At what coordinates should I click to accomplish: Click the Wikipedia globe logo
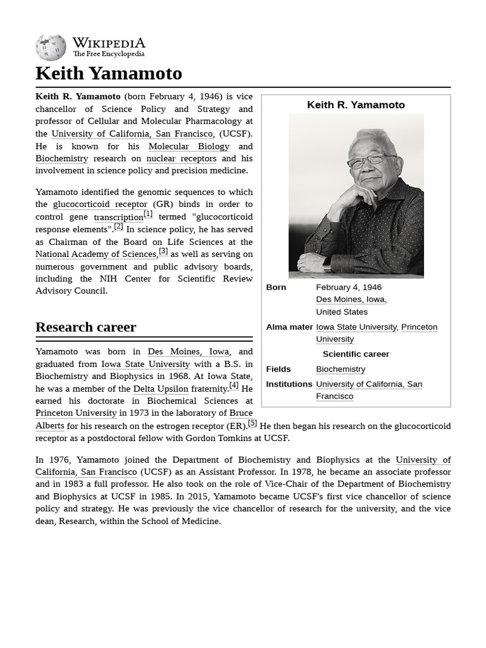[x=51, y=48]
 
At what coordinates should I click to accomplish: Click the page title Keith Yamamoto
[x=108, y=73]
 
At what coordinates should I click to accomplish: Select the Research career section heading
[x=85, y=327]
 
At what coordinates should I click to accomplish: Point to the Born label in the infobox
[x=276, y=287]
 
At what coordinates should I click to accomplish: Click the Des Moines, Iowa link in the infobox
[x=350, y=299]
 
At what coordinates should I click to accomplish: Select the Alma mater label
[x=289, y=327]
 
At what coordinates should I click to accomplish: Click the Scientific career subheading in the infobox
[x=356, y=354]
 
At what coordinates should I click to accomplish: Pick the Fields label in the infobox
[x=278, y=369]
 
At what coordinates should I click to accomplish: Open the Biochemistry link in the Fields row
[x=340, y=369]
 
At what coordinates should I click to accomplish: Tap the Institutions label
[x=289, y=384]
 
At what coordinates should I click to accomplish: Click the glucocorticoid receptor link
[x=100, y=204]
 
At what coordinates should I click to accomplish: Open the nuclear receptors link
[x=181, y=158]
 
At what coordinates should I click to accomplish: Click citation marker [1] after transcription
[x=148, y=214]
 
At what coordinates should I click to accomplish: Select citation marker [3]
[x=163, y=251]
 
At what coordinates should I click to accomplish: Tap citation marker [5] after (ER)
[x=252, y=423]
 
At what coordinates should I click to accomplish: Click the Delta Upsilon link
[x=161, y=389]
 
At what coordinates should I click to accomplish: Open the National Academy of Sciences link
[x=96, y=254]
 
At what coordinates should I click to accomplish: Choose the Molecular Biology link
[x=189, y=146]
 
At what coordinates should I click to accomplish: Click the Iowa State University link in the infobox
[x=356, y=327]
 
